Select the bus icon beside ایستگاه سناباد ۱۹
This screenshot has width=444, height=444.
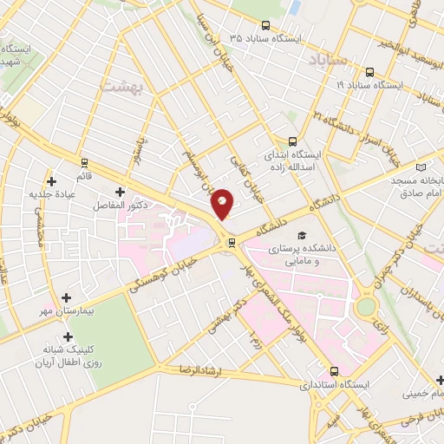point(370,72)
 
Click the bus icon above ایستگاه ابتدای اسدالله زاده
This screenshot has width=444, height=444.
point(292,140)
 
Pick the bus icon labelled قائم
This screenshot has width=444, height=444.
point(84,162)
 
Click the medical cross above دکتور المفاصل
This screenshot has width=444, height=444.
point(120,192)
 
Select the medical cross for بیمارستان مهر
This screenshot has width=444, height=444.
point(67,297)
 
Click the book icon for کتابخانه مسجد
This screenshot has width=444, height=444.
point(421,166)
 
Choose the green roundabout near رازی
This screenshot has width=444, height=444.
point(365,306)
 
